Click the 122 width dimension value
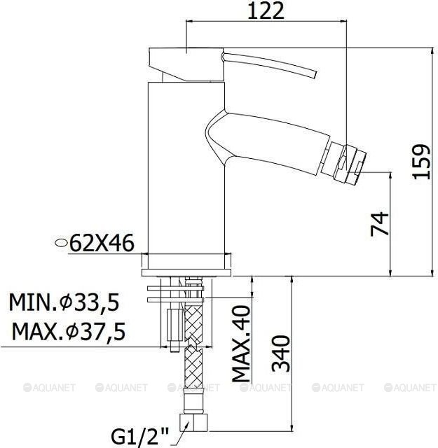266,11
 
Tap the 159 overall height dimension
421,162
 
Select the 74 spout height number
380,224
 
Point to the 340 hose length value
280,353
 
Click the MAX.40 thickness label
241,344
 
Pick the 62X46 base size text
102,243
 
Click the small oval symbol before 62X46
61,243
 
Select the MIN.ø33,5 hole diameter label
64,302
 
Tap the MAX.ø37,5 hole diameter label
69,331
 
